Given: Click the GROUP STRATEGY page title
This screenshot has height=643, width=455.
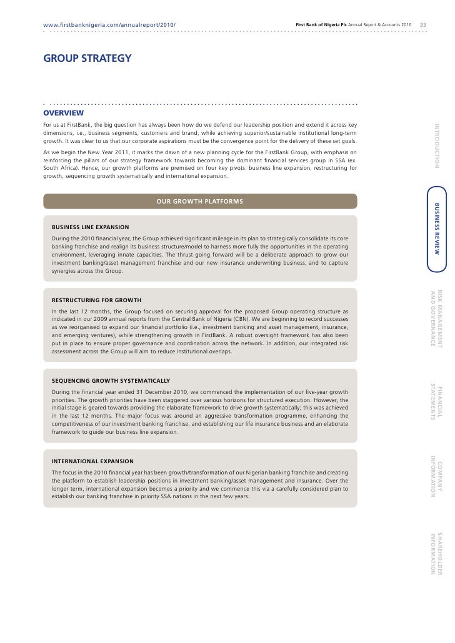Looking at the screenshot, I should click(87, 59).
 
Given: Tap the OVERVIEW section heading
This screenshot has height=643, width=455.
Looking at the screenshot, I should click(63, 113).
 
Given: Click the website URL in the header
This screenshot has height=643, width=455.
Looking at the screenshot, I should click(109, 24).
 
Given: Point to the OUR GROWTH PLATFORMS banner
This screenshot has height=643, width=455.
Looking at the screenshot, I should click(200, 201).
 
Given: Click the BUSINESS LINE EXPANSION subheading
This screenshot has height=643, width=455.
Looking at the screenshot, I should click(91, 227).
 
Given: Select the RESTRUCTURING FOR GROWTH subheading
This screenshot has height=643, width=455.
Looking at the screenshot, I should click(96, 300).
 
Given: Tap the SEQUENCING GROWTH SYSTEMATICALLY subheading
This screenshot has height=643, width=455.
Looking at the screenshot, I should click(111, 380).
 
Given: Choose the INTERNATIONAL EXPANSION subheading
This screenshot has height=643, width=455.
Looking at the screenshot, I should click(94, 461).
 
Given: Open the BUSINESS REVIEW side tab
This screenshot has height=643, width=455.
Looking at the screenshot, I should click(437, 228).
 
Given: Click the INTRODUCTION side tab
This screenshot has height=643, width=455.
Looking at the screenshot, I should click(437, 146).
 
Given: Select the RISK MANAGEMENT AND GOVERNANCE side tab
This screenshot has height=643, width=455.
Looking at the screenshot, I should click(436, 319).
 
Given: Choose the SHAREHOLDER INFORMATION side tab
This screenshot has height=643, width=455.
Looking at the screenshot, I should click(436, 554).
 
